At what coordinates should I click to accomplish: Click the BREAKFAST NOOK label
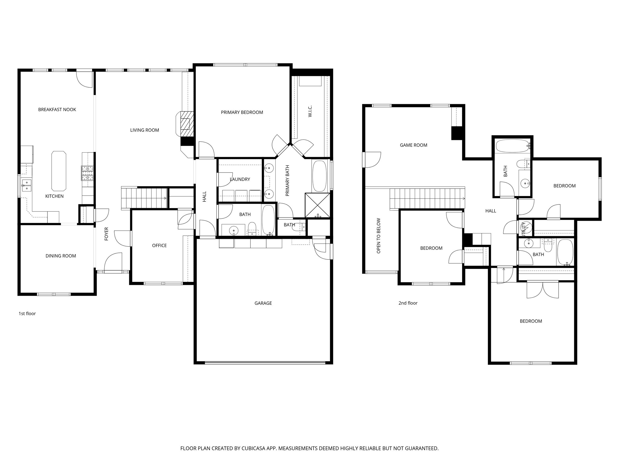click(57, 110)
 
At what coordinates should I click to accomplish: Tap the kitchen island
click(59, 171)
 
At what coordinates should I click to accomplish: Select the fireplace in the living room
click(186, 124)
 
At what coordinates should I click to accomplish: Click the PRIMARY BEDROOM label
click(242, 112)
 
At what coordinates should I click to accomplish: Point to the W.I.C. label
click(310, 111)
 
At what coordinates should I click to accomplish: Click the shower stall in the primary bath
click(317, 205)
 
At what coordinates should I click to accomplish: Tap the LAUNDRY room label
click(240, 179)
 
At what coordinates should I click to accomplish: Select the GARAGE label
click(263, 303)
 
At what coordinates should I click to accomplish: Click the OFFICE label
click(159, 246)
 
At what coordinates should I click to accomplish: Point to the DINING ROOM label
click(61, 256)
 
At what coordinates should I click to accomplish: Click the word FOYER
click(106, 234)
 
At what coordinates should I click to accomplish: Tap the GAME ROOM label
click(413, 145)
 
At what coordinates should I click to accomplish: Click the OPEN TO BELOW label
click(379, 236)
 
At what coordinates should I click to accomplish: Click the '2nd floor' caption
click(408, 303)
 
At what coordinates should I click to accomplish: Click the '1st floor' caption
click(27, 314)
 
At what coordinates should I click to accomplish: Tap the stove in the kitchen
click(87, 173)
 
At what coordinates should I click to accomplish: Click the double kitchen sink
click(27, 185)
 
